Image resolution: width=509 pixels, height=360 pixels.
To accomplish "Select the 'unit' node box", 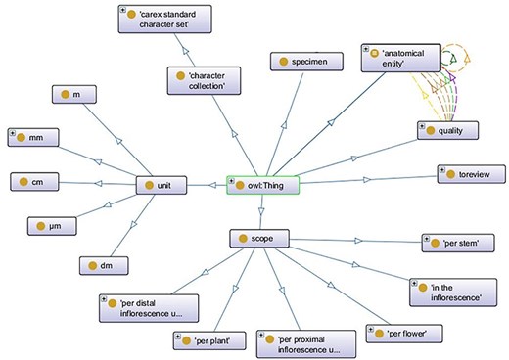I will [x=162, y=184].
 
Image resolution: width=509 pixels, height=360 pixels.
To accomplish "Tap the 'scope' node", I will [x=258, y=238].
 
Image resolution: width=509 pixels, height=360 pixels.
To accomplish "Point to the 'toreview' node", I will [x=468, y=174].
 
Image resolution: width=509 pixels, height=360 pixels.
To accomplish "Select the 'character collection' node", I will [x=208, y=79].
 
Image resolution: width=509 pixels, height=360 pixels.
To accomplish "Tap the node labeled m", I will [x=80, y=94].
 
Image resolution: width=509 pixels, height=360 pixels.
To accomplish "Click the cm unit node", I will [x=41, y=182].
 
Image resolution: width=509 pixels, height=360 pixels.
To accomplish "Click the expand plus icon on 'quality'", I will [x=422, y=124].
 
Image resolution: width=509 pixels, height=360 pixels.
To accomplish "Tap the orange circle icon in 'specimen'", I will [x=285, y=62].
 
